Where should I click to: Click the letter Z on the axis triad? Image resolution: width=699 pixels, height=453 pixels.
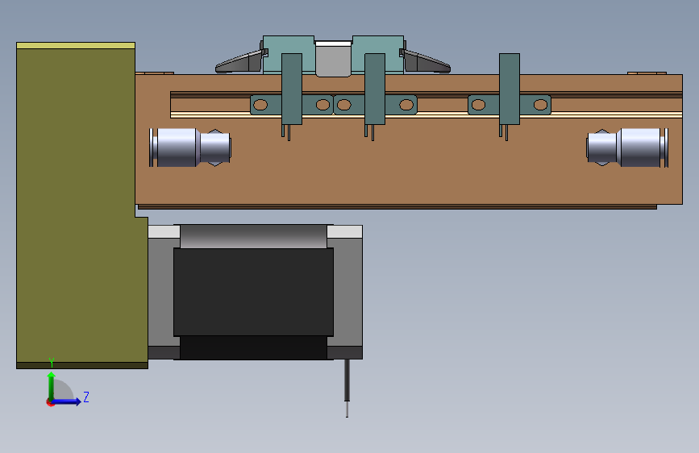(x=86, y=397)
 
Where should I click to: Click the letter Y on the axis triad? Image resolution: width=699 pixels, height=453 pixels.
(x=52, y=362)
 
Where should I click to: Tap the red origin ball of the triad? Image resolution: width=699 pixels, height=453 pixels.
(x=51, y=402)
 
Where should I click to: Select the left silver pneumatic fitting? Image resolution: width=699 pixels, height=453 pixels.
(x=190, y=148)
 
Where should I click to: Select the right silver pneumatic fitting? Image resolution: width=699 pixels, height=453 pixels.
(x=627, y=148)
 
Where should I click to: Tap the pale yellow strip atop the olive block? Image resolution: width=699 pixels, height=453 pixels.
(x=76, y=46)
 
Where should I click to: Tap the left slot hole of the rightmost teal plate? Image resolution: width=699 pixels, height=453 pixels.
(x=478, y=104)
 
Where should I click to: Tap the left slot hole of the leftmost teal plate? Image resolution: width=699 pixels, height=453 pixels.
(x=260, y=104)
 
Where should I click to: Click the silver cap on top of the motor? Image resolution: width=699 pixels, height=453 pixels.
(x=253, y=236)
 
